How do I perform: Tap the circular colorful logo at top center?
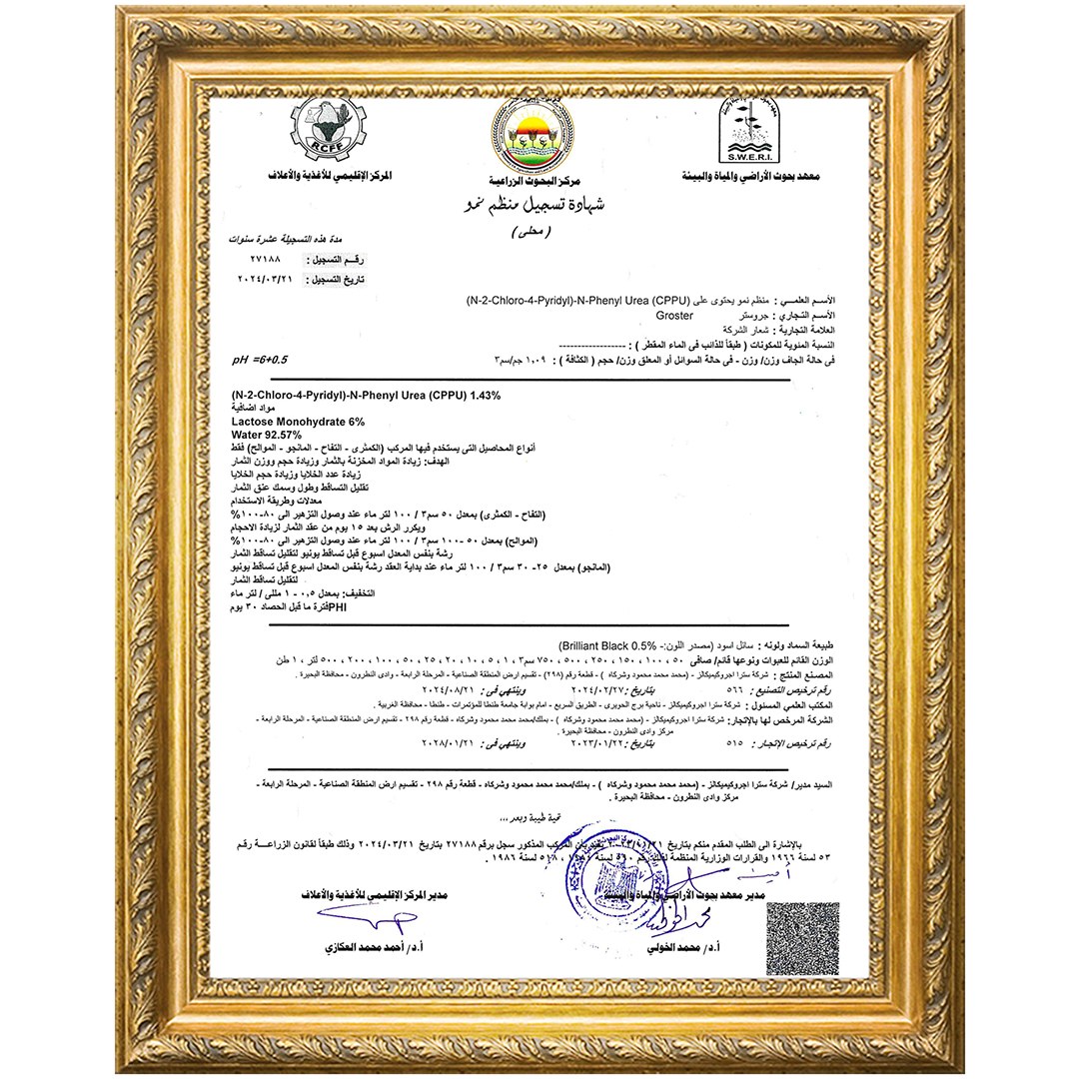(533, 135)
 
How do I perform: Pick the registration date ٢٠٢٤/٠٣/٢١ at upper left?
(263, 280)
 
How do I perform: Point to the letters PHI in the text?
(337, 606)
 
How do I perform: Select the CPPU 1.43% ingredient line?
(365, 397)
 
